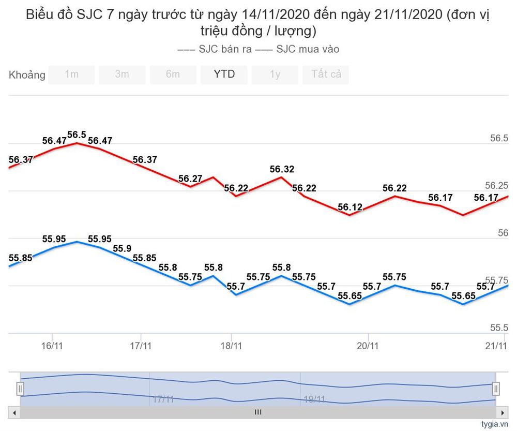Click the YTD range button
click(224, 75)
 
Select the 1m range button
click(71, 75)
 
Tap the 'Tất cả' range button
click(326, 75)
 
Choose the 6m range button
click(173, 75)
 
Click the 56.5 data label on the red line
click(77, 135)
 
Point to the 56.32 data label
click(282, 169)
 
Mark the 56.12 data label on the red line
click(350, 207)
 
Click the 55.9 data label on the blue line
click(121, 249)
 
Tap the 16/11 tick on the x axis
click(52, 346)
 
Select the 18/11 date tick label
click(231, 346)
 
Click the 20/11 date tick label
click(367, 346)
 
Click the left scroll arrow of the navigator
click(14, 412)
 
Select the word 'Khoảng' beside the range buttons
click(27, 75)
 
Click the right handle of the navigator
click(496, 388)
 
